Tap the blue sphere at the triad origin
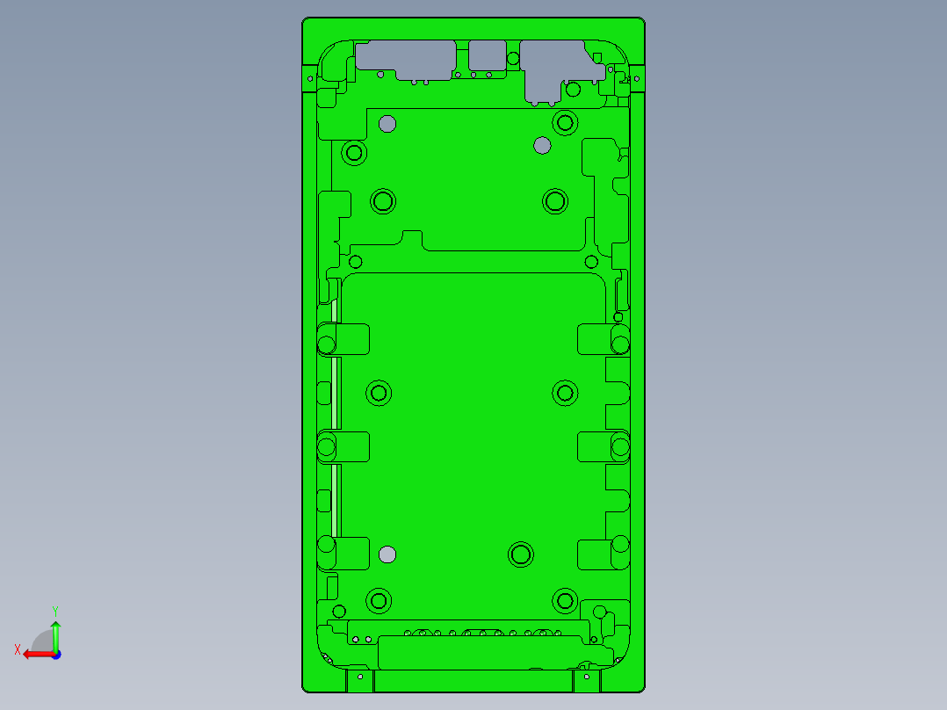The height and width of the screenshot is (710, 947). point(55,654)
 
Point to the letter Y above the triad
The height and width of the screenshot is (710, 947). point(55,610)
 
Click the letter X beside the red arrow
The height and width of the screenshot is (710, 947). point(17,649)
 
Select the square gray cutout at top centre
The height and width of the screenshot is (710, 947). point(486,54)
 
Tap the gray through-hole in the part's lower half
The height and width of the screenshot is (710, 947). point(387,554)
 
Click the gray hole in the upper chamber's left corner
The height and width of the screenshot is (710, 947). point(387,124)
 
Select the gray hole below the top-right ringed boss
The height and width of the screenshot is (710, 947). point(543,145)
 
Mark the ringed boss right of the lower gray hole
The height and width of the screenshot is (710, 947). point(521,554)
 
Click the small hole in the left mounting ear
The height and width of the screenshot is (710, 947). point(309,78)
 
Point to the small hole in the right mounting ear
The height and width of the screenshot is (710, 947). point(636,78)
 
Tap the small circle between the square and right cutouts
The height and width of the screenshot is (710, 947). point(513,57)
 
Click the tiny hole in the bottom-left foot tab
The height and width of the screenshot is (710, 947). point(360,677)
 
